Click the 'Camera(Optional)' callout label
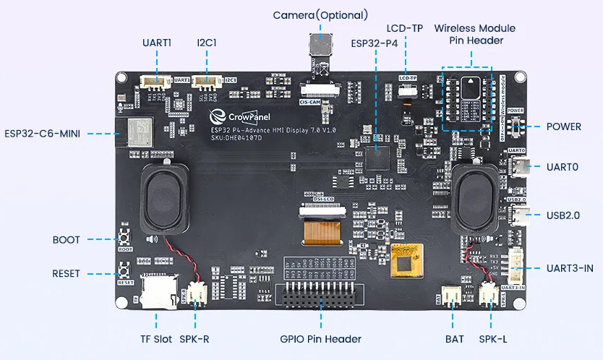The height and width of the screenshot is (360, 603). (x=320, y=15)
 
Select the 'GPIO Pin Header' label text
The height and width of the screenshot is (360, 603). (x=320, y=338)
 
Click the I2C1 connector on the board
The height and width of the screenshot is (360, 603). (x=207, y=82)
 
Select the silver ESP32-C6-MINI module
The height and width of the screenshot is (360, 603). (x=139, y=131)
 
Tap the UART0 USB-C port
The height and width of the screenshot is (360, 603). (x=520, y=167)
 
